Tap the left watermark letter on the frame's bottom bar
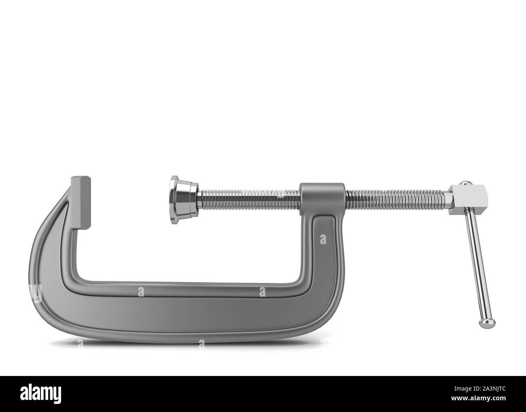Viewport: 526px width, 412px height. pos(140,291)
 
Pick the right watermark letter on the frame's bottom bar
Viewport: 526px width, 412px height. pos(263,291)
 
